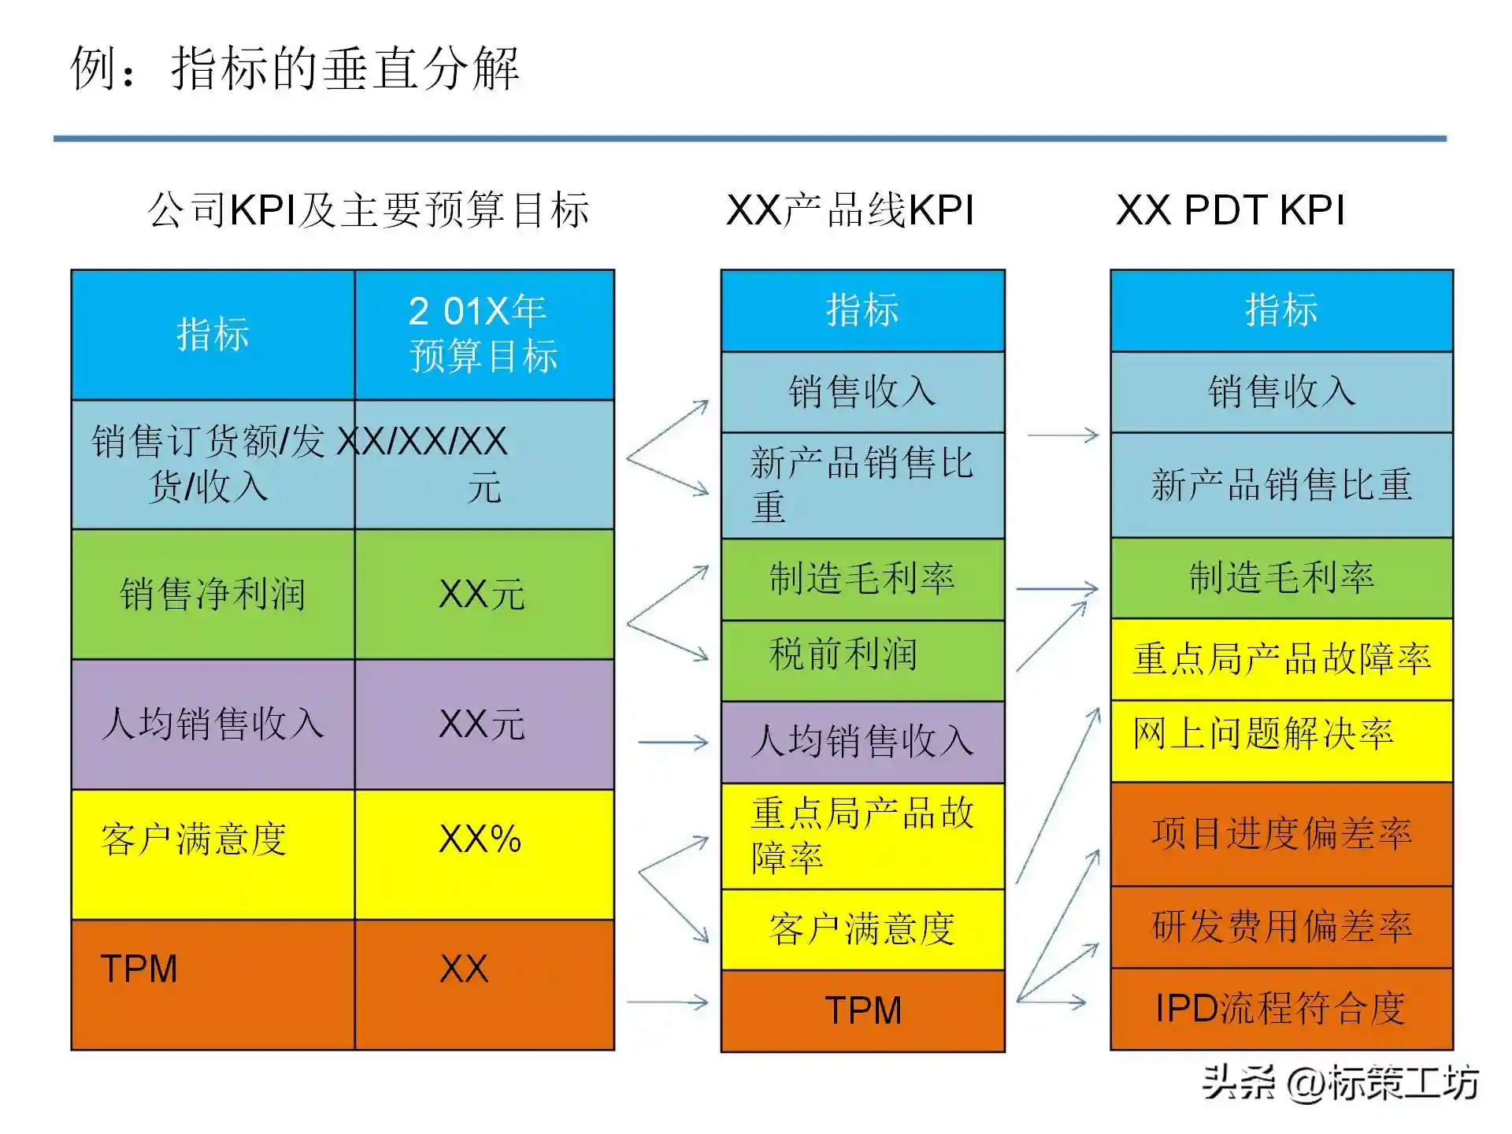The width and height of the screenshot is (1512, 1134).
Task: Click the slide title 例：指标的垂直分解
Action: (295, 69)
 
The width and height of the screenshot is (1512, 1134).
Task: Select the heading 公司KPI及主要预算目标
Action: (369, 210)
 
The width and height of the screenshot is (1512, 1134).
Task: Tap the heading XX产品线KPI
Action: (850, 210)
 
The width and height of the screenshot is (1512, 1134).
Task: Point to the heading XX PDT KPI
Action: (1230, 210)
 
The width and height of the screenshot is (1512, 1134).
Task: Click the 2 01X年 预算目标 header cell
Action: (484, 334)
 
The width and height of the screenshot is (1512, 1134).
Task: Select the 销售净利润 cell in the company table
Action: (213, 594)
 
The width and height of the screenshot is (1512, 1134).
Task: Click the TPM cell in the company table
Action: (213, 984)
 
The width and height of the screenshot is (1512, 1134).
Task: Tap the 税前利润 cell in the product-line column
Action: (862, 659)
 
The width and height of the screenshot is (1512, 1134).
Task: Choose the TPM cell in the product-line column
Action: (862, 1010)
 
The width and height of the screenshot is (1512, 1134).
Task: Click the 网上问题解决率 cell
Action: (1281, 739)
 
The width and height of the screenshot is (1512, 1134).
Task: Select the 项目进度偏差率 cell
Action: (1281, 833)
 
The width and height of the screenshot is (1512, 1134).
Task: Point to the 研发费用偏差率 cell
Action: (1281, 926)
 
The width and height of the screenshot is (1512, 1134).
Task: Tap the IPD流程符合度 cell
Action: (1281, 1008)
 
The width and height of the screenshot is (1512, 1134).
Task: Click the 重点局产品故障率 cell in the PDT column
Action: (1281, 658)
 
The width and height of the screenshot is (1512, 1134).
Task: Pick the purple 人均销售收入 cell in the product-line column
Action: (862, 741)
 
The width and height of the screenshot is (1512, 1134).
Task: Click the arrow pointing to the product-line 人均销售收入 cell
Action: (673, 742)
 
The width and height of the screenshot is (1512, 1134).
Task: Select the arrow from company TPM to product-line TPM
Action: (668, 1002)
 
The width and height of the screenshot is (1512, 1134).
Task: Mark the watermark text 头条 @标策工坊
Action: (1340, 1082)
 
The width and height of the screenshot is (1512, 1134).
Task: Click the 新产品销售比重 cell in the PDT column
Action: (1281, 484)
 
